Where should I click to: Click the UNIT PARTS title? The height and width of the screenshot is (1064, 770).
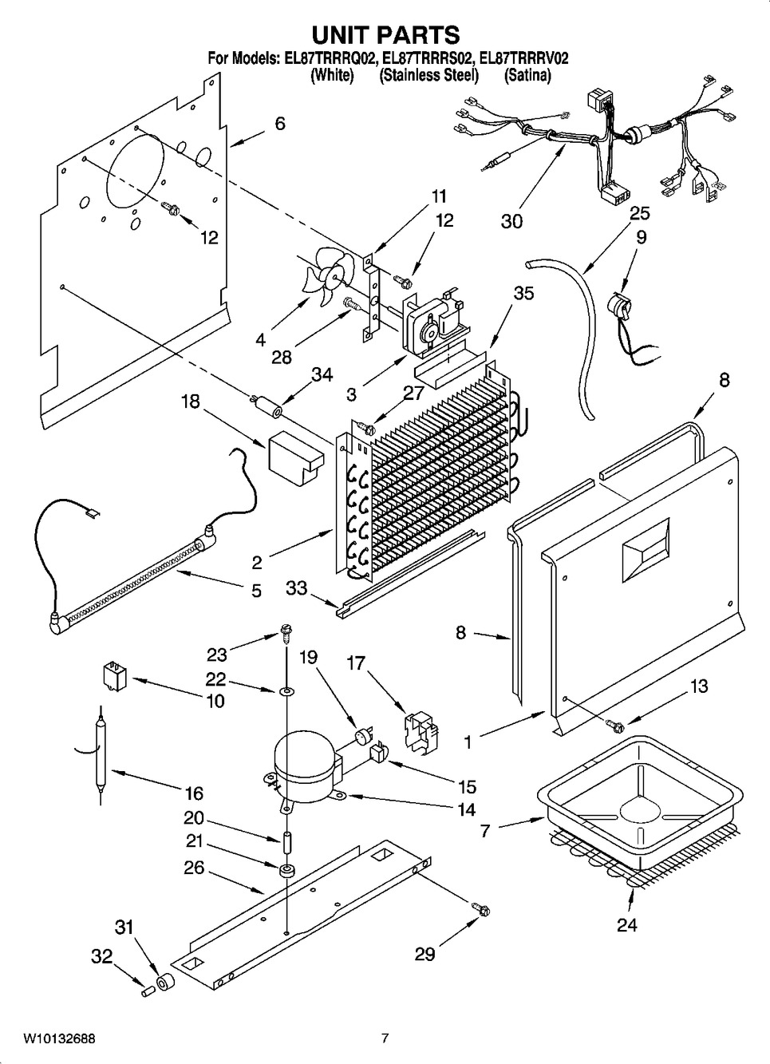coord(385,34)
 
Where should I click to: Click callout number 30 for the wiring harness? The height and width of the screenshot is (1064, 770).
coord(511,221)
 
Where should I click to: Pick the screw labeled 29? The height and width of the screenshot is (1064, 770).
coord(481,908)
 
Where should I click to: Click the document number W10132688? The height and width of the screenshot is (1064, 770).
coord(59,1038)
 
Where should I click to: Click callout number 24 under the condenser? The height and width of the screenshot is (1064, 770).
coord(627,926)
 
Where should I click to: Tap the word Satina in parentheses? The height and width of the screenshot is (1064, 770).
coord(527,76)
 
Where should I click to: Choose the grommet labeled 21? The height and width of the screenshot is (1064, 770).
coord(286,868)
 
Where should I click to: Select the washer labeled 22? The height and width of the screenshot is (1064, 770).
coord(285,688)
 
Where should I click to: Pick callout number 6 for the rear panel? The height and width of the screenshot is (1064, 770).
coord(279,124)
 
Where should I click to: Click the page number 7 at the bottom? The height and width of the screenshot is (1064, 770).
coord(385,1038)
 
